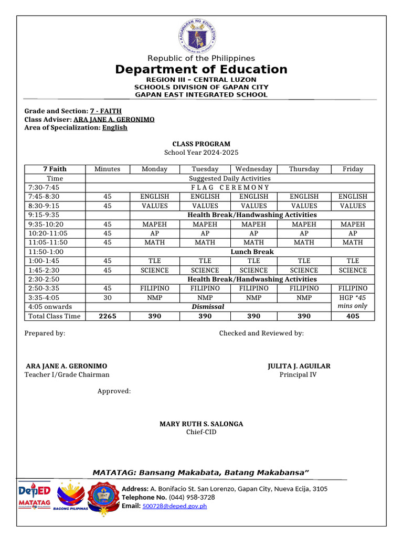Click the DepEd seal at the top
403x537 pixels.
[x=197, y=35]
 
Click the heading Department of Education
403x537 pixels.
[x=201, y=70]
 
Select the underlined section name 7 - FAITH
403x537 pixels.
[x=106, y=111]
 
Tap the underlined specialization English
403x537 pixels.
[x=114, y=127]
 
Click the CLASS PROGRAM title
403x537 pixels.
[x=201, y=144]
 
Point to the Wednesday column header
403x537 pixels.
[x=254, y=169]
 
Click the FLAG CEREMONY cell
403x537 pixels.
[x=230, y=187]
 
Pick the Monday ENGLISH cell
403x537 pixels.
[x=155, y=197]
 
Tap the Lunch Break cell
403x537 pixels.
[x=252, y=252]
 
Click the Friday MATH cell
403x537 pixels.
[x=353, y=242]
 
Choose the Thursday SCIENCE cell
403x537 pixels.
[x=304, y=270]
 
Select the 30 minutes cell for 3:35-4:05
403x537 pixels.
[x=107, y=297]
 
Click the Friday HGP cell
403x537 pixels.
[x=353, y=302]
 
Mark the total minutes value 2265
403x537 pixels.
[x=107, y=316]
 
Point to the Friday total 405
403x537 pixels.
[x=353, y=316]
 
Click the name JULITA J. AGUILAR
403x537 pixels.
[x=299, y=366]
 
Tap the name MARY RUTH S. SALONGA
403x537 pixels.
[x=201, y=424]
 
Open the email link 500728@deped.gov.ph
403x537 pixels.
[x=175, y=506]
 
